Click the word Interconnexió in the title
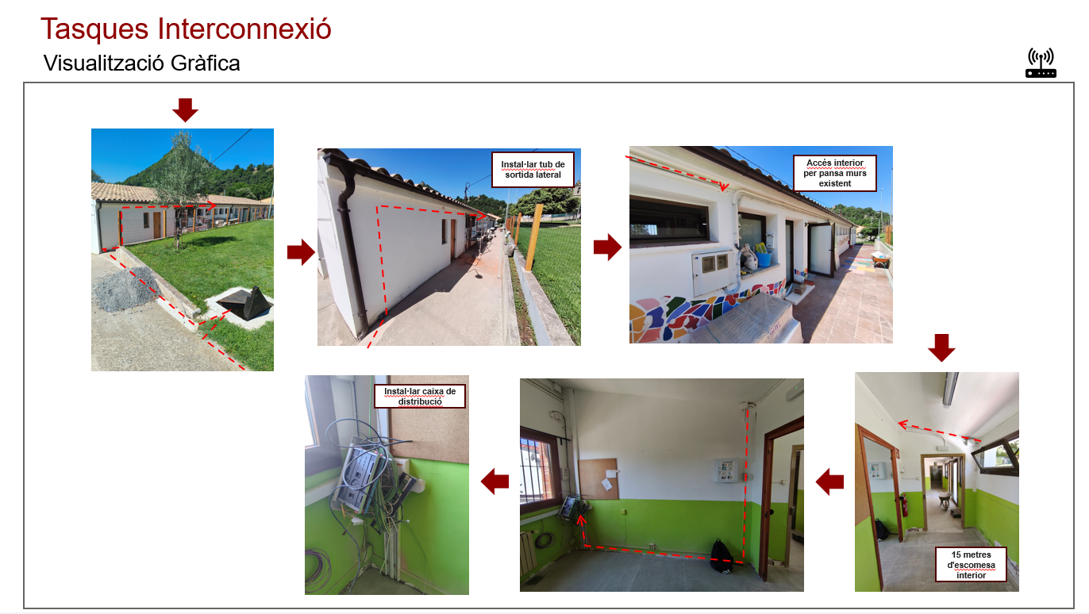[244, 29]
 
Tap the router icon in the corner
[1041, 63]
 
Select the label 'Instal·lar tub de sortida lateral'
[533, 170]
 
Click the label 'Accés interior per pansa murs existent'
[835, 173]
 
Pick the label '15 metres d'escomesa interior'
[971, 565]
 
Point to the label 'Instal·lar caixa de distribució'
[420, 397]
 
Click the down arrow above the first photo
[185, 109]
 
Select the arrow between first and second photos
[301, 252]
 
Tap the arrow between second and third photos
[607, 248]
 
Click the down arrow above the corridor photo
[941, 347]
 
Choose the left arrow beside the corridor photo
[830, 482]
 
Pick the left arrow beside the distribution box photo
[495, 482]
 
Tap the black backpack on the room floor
[721, 556]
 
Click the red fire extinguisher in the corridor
[902, 505]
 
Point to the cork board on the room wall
[598, 479]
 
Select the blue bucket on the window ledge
[763, 259]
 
